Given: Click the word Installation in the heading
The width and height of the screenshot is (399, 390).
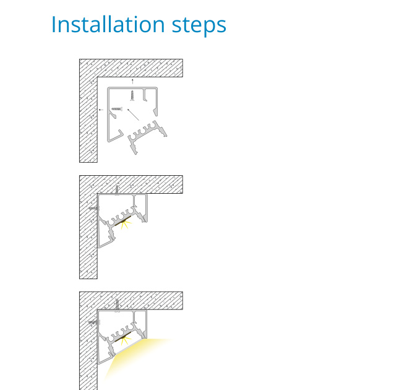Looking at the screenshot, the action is point(108,24).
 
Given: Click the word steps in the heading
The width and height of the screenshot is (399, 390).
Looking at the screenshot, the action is point(199,26).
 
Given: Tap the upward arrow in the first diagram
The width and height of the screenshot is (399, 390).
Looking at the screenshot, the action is point(132,82).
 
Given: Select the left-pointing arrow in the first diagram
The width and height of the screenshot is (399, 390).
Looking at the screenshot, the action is point(101,110).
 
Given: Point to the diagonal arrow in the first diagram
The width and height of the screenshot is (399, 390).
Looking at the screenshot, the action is point(133,115).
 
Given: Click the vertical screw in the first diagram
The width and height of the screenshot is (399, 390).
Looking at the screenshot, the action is point(132,95).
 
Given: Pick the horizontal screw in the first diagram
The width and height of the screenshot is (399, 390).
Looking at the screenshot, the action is point(117,109).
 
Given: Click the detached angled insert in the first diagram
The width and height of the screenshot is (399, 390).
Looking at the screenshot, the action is point(147,136).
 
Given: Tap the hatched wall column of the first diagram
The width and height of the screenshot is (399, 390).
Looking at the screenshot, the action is point(88,119).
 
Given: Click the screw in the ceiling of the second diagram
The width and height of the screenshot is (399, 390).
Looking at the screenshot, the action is point(117,191).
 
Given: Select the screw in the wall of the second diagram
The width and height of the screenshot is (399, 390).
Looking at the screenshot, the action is point(94,208).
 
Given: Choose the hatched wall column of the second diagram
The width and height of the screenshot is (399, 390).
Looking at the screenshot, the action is point(88,236).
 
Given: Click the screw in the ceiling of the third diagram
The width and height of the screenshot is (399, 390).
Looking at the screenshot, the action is point(117,305).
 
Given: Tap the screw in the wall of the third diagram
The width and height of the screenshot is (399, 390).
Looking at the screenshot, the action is point(94,323).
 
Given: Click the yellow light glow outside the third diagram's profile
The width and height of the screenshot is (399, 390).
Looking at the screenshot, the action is point(132,354).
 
